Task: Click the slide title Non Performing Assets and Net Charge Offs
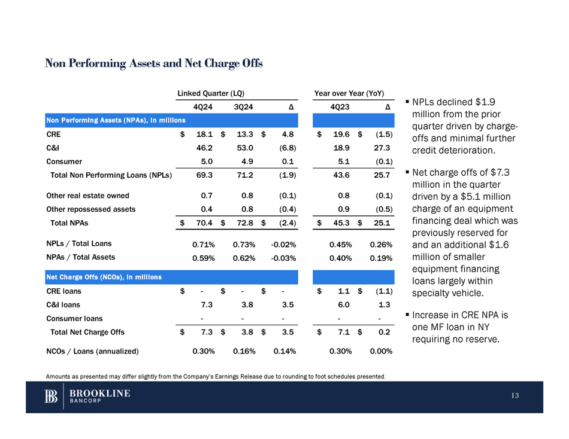click(x=154, y=63)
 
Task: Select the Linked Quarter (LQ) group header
click(x=210, y=94)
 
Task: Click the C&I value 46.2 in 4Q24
click(x=204, y=148)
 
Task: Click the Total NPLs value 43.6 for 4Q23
click(x=340, y=175)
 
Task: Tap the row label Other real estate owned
click(x=87, y=195)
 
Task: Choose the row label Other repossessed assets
click(x=91, y=209)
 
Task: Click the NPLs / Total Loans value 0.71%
click(x=204, y=244)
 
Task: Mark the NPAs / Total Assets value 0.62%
click(x=244, y=258)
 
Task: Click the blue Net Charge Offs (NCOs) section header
click(x=104, y=277)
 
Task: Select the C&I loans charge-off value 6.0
click(x=343, y=304)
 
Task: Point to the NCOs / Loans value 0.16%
click(x=244, y=351)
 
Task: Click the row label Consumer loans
click(x=74, y=318)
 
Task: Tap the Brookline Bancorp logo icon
click(x=52, y=397)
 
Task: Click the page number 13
click(x=516, y=397)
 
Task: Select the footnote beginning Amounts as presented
click(x=216, y=376)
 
